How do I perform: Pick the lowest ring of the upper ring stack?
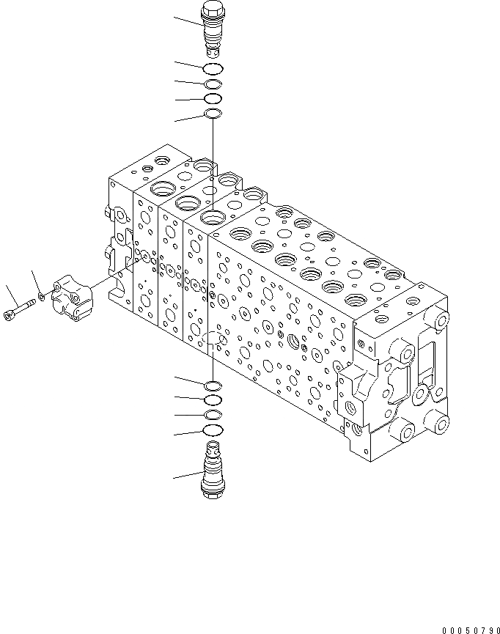tap(213, 114)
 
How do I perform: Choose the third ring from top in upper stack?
tap(213, 98)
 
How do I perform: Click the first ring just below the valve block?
tap(213, 386)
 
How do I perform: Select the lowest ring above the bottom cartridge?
tap(213, 430)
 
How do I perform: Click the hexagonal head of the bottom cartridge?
tap(212, 493)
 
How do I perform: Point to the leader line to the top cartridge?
tap(187, 22)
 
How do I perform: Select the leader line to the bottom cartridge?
tap(188, 476)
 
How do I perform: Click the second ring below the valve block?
tap(213, 400)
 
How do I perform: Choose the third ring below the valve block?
tap(213, 415)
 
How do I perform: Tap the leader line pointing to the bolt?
tap(10, 295)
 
